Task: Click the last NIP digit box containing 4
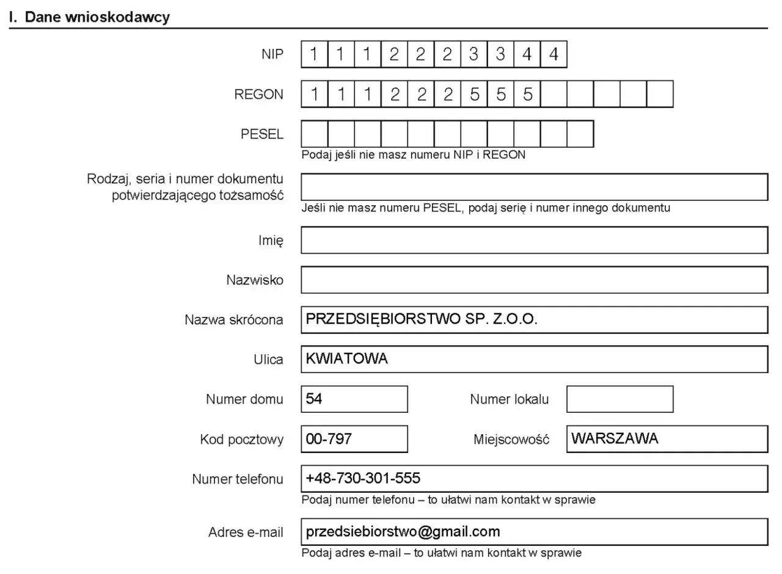click(554, 54)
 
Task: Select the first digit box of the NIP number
click(314, 54)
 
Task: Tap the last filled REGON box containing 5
click(527, 94)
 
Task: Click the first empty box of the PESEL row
click(314, 134)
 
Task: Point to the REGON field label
click(259, 94)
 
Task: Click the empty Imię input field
click(534, 240)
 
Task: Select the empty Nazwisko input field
click(534, 280)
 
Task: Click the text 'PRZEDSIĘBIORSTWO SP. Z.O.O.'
click(422, 319)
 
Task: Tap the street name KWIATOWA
click(346, 359)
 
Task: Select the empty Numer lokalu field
click(619, 399)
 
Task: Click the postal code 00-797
click(329, 439)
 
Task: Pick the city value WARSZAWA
click(615, 438)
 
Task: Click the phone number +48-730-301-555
click(363, 478)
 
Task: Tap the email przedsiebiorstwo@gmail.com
click(403, 531)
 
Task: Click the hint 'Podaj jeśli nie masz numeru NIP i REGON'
click(413, 155)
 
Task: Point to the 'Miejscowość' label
click(511, 440)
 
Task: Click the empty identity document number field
click(534, 187)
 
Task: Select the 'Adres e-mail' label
click(246, 532)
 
